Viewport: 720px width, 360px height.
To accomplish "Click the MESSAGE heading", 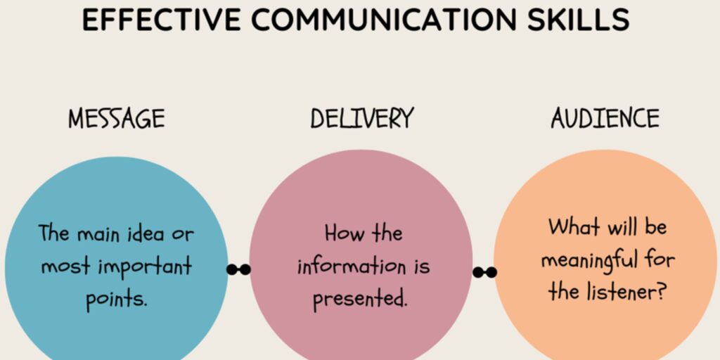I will point(117,119).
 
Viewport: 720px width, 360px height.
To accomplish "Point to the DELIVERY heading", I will point(362,118).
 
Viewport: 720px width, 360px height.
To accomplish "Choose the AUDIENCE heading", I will point(605,118).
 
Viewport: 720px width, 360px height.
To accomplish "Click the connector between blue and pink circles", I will point(239,269).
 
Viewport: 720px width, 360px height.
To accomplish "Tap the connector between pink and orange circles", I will point(484,272).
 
